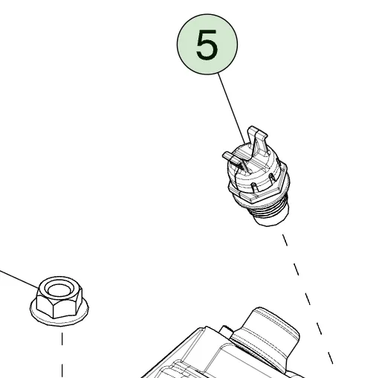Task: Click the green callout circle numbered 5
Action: pos(207,44)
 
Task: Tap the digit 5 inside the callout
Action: pos(207,45)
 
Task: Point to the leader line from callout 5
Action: pos(232,109)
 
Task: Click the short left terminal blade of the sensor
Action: pos(234,161)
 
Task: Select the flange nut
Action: pos(59,301)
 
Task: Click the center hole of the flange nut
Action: pos(59,289)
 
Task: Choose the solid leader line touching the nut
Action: pos(19,280)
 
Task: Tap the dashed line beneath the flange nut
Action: pos(62,355)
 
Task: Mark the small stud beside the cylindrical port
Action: pos(226,332)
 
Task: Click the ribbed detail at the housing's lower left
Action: pos(173,370)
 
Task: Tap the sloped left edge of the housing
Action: pos(171,353)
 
